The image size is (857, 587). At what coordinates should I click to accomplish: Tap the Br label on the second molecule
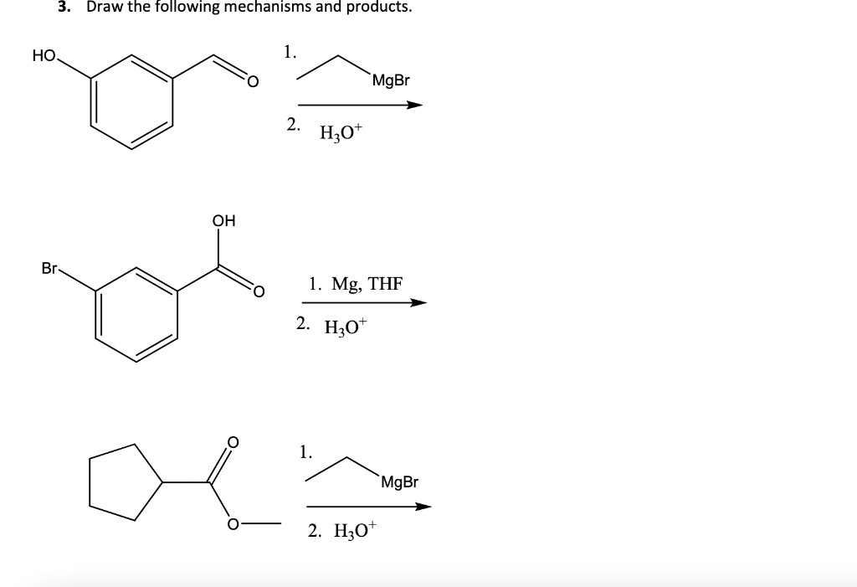[49, 269]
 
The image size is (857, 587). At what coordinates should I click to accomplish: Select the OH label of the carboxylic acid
[223, 221]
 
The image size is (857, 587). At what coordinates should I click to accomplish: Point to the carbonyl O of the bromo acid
[258, 291]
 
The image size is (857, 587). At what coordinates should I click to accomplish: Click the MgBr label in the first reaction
[391, 81]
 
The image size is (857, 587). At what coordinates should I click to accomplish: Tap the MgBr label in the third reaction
[398, 481]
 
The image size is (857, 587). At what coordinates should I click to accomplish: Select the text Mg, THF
[367, 283]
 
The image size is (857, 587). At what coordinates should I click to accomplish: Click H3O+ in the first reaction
[339, 132]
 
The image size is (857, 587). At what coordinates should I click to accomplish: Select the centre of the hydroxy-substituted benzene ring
[132, 104]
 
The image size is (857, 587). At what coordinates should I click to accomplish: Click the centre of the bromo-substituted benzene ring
[136, 316]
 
